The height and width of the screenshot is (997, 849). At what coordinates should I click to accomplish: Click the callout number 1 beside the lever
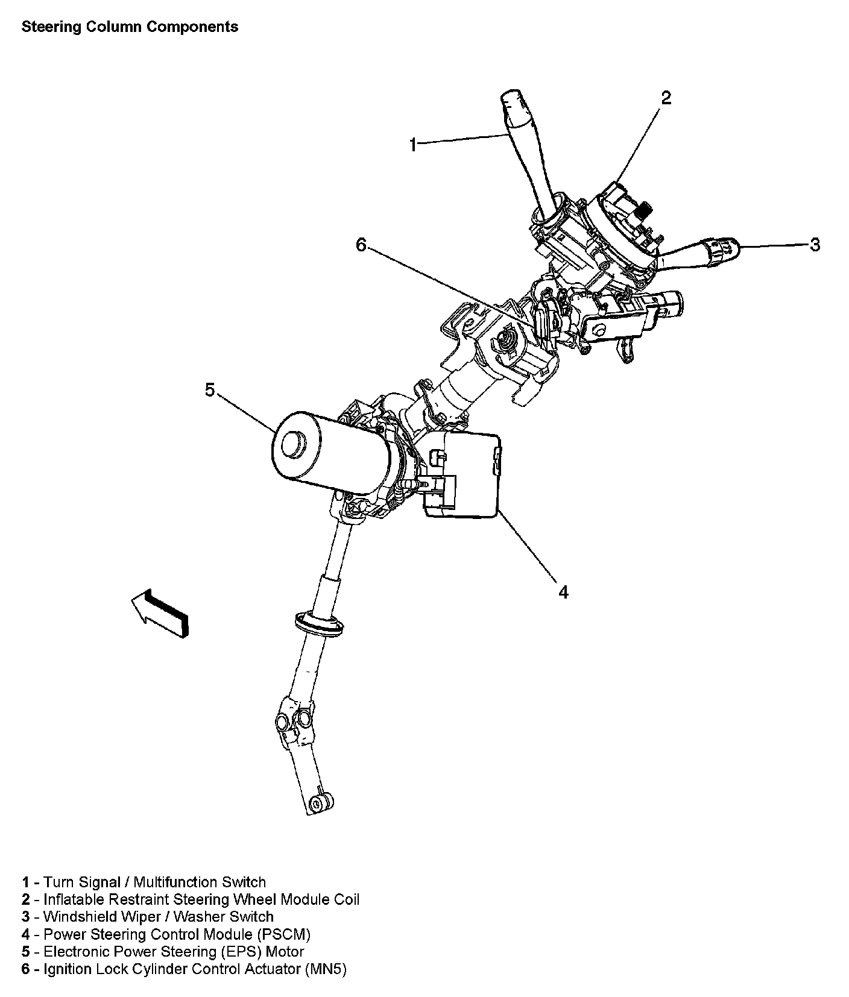[x=413, y=145]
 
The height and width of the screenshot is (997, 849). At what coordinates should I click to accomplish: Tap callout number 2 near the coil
[x=666, y=98]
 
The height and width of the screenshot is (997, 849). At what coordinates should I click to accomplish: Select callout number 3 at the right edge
[x=815, y=245]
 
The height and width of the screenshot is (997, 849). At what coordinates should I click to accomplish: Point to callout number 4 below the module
[x=563, y=592]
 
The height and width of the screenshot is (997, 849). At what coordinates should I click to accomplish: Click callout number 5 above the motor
[x=209, y=390]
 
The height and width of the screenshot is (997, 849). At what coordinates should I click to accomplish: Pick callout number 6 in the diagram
[x=361, y=245]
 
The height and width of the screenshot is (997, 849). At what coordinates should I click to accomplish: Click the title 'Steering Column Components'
[x=130, y=27]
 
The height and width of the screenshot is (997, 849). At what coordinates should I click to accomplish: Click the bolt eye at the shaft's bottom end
[x=320, y=802]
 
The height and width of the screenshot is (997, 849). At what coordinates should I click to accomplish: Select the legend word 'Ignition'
[x=67, y=969]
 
